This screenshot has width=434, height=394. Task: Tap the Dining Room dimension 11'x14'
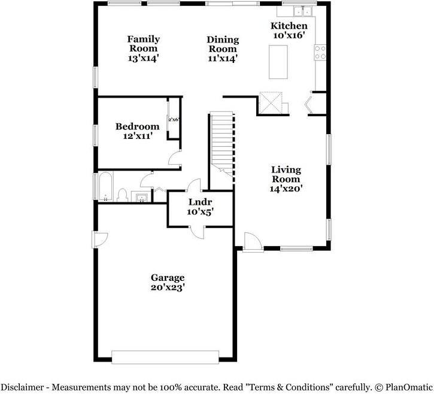click(x=223, y=59)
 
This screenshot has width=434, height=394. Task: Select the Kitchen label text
click(x=289, y=26)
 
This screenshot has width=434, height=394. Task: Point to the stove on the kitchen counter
click(x=320, y=53)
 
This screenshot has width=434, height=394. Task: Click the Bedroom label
click(x=137, y=126)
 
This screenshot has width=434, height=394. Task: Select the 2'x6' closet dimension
click(x=174, y=120)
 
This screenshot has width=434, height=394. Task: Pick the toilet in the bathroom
click(x=122, y=195)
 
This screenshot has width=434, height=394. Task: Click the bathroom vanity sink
click(x=142, y=197)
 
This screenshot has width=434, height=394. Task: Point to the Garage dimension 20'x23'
click(x=167, y=287)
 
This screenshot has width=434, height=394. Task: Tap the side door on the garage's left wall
click(x=98, y=240)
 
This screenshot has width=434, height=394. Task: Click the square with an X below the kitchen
click(x=271, y=104)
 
